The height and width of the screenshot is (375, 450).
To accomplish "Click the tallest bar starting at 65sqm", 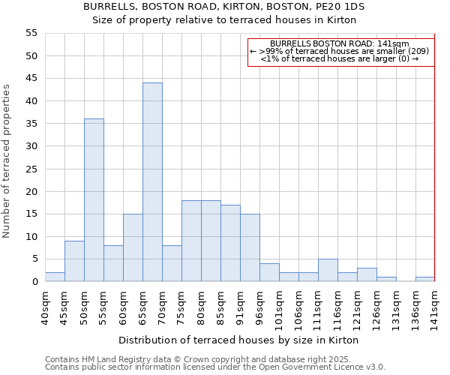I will tap(152, 182).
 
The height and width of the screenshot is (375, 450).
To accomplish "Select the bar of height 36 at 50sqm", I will tap(94, 200).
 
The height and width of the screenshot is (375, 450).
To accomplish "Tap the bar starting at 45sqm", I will tap(74, 261).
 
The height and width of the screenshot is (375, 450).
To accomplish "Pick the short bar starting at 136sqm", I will tap(424, 279).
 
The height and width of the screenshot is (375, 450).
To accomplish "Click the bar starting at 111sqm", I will tap(328, 270).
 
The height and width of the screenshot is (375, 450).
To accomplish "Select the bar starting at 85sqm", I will tap(230, 243).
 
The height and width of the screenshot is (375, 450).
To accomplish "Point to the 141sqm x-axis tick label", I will tap(435, 307).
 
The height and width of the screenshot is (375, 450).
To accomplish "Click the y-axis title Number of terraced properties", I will tap(7, 160).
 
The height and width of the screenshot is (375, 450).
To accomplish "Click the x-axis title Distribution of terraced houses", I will tap(238, 340).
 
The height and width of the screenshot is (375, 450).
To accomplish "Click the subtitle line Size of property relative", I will tap(223, 20).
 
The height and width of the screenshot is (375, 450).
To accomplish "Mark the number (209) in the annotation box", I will tap(415, 51).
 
